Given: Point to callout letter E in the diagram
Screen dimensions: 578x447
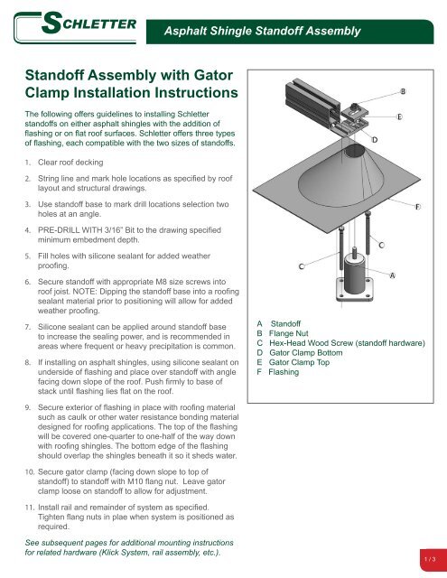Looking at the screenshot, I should [x=399, y=117].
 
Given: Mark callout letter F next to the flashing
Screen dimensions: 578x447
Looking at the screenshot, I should [x=416, y=208].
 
